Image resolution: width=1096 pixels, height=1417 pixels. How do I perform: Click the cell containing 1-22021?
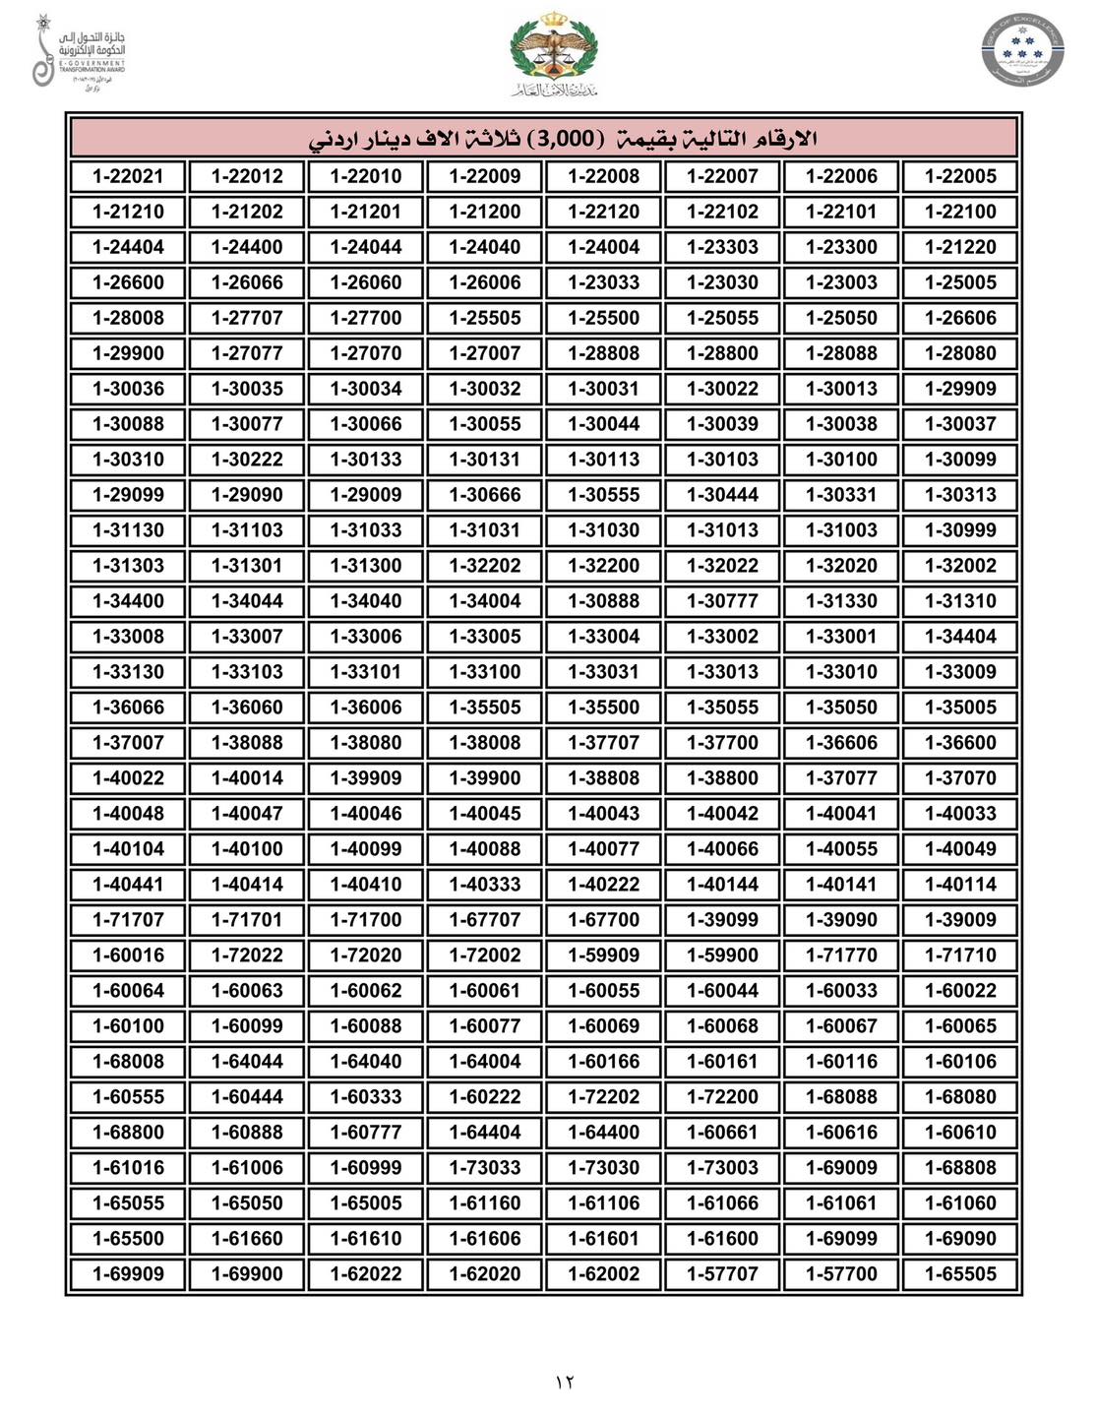pos(128,177)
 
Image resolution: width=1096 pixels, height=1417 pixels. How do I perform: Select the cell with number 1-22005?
pos(960,177)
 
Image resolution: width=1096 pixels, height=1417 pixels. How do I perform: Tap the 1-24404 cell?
pos(128,248)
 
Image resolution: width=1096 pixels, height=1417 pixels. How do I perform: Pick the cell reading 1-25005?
pos(960,283)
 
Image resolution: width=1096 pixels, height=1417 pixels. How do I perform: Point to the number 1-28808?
pos(603,354)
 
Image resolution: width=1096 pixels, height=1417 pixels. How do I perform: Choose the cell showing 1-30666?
pos(485,496)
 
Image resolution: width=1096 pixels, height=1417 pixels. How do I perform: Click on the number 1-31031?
pos(485,531)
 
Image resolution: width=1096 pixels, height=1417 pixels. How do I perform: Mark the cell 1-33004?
pos(603,638)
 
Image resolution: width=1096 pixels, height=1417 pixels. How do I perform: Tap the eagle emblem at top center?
pos(553,54)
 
